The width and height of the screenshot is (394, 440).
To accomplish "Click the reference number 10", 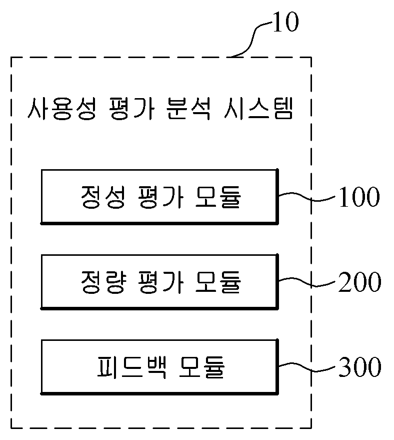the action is [x=285, y=22].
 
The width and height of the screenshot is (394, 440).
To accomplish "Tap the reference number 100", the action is [x=359, y=197].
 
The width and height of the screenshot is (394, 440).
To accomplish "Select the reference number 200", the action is [x=359, y=282].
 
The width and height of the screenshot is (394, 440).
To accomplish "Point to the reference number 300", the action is [x=360, y=367].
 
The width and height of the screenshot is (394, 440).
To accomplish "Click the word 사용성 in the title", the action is [x=62, y=109].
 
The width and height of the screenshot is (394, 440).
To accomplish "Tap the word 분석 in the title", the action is [x=188, y=109].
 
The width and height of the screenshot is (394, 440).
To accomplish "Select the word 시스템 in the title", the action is [x=258, y=109].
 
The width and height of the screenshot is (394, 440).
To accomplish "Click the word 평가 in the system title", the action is [x=131, y=109].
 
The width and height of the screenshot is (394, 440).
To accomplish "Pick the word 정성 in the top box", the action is [x=102, y=197].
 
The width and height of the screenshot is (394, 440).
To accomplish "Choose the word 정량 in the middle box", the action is [x=103, y=282].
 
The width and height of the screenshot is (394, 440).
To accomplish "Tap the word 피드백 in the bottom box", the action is [x=131, y=367].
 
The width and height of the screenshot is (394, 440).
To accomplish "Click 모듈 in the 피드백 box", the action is [x=202, y=367].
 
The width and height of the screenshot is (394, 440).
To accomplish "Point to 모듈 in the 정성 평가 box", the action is [x=218, y=197].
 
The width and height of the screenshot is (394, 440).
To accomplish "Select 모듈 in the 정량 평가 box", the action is [x=218, y=282].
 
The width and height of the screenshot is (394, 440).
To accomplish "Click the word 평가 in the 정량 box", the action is [x=160, y=282].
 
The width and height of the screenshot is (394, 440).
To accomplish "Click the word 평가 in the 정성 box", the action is [x=160, y=197].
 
